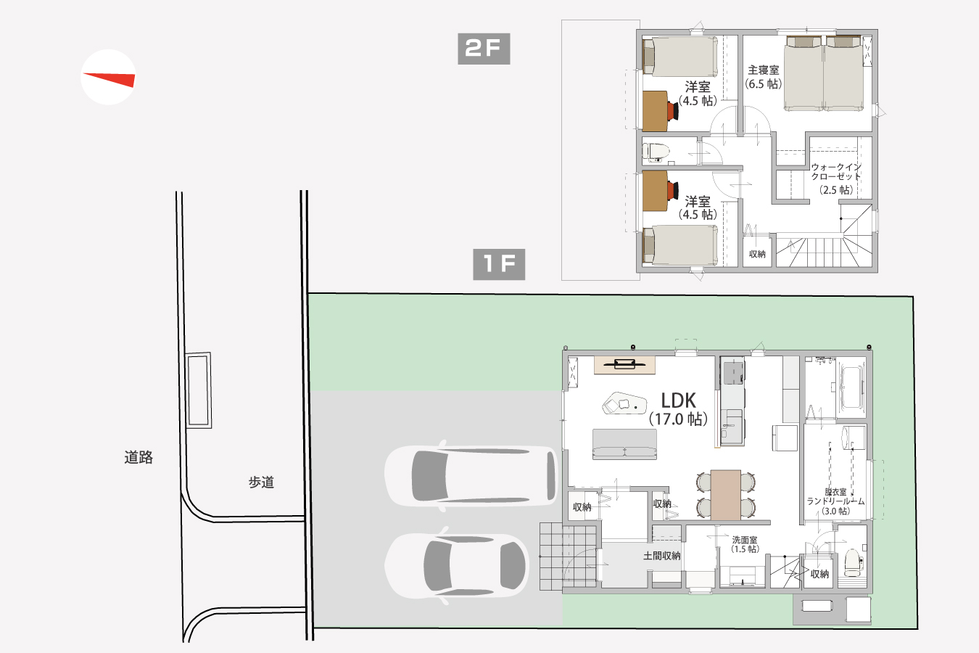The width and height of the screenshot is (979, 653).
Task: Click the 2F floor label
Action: coord(484,49)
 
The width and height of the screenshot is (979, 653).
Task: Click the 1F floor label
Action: coord(499,264)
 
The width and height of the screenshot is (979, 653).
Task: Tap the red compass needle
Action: coord(110,79)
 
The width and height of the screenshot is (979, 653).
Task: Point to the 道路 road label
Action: coord(139,458)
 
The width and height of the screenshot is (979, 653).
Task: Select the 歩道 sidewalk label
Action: coord(261,482)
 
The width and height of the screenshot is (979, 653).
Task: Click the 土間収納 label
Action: coord(661,556)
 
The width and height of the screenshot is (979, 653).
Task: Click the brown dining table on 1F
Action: coord(725,495)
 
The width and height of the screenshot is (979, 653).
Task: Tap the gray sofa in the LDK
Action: coord(624,444)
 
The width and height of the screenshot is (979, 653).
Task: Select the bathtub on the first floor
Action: coord(851,387)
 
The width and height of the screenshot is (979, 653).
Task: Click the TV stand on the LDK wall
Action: coord(624,365)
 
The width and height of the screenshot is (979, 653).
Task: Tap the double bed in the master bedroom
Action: coord(825,73)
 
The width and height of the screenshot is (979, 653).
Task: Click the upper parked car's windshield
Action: coord(429,476)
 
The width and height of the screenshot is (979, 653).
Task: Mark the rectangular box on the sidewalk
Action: coord(199,390)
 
